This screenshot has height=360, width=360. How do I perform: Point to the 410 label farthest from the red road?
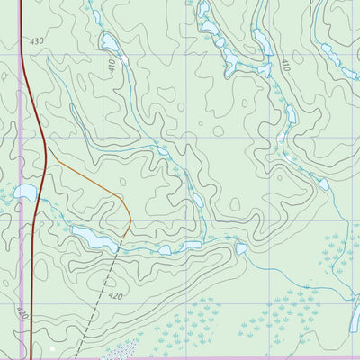point(283,66)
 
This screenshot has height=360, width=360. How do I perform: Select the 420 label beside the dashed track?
point(114,296)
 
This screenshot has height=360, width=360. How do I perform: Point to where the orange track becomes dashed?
point(131,222)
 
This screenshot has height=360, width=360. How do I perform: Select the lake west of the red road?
point(24,192)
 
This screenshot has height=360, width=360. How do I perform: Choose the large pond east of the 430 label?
point(110,45)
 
